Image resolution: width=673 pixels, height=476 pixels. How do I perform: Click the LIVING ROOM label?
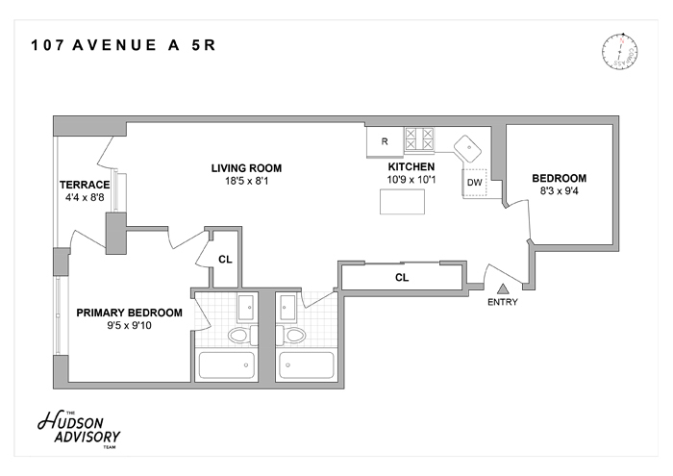246,167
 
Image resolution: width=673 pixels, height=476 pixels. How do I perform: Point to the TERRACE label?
85,185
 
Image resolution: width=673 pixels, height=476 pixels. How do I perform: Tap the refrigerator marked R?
385,141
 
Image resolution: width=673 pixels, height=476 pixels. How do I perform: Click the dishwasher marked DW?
474,182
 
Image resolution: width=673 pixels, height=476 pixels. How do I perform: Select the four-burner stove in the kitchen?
420,140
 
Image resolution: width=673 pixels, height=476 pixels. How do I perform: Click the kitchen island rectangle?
404,202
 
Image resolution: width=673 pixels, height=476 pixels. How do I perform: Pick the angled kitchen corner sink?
469,148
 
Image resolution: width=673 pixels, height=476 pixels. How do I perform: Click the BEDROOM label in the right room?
559,179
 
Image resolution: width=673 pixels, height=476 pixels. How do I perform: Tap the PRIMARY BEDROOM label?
129,313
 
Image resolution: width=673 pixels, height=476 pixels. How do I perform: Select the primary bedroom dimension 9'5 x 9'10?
129,326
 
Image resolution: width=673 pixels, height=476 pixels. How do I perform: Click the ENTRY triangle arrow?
502,288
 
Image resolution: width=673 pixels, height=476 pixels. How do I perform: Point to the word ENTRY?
502,302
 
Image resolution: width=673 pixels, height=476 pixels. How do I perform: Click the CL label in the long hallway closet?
403,278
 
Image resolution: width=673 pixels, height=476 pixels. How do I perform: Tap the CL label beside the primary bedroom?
224,258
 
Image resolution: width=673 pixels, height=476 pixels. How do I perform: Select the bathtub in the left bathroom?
227,365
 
